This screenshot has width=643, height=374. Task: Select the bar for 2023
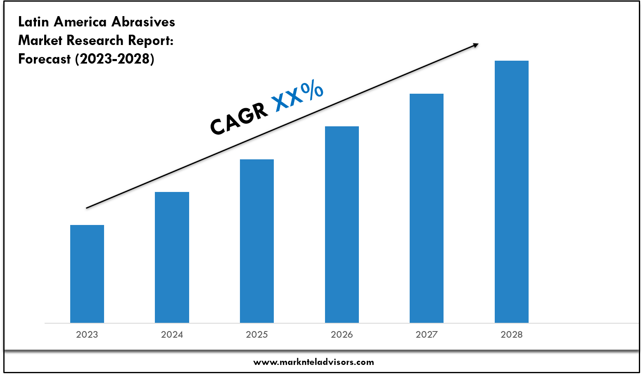(x=87, y=274)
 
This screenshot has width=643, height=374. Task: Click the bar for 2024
(x=172, y=257)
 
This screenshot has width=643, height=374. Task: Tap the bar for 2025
(x=257, y=241)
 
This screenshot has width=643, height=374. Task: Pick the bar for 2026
(x=342, y=225)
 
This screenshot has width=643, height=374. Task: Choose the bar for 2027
(x=427, y=208)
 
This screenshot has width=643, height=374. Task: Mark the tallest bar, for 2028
(x=512, y=192)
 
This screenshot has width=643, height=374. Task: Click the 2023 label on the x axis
(x=87, y=335)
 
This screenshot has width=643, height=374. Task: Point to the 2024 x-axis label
(x=172, y=335)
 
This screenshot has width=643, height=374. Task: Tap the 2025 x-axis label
(x=257, y=335)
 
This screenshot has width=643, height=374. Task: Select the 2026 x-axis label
(x=342, y=335)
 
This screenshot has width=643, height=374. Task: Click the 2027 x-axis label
(x=427, y=335)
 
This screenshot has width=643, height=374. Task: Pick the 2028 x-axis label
(x=512, y=335)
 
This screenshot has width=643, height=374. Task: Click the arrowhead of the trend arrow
(x=476, y=45)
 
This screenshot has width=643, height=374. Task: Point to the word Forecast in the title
(x=45, y=59)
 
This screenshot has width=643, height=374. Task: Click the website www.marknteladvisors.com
(x=313, y=362)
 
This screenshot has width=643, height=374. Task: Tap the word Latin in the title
(x=34, y=22)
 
